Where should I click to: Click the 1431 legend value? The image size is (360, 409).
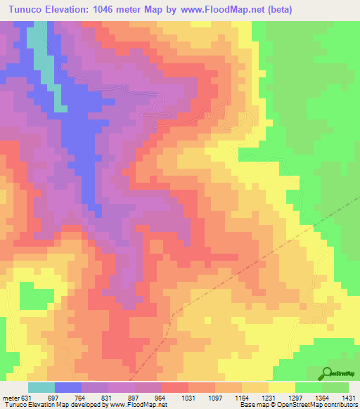coord(349,397)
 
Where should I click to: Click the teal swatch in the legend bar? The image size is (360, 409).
coord(41,387)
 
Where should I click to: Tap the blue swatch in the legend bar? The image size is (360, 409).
coord(68,387)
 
